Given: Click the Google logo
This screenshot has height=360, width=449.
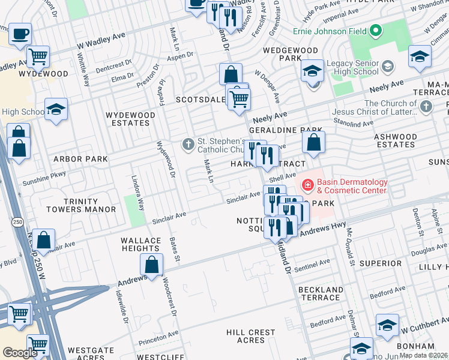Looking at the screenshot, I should (20, 353).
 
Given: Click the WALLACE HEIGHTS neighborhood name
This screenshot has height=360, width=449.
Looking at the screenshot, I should (140, 244).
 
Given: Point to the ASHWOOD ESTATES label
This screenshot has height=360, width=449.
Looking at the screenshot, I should (395, 140).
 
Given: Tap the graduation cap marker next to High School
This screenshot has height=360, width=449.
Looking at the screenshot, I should (56, 110).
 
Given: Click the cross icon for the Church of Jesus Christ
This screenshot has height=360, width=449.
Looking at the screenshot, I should (426, 107).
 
